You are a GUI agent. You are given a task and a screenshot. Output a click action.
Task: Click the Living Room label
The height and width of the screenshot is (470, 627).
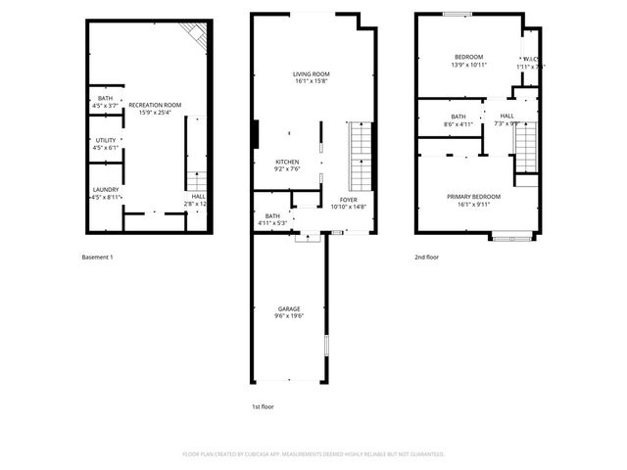[312, 73]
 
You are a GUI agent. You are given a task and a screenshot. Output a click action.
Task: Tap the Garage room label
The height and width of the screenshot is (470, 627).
[288, 309]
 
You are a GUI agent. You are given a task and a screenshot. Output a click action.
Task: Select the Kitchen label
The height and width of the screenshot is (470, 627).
[287, 162]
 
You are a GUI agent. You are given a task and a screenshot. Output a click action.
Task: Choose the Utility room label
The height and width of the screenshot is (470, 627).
[106, 140]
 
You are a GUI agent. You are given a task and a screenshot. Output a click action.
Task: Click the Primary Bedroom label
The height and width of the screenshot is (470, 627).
[466, 197]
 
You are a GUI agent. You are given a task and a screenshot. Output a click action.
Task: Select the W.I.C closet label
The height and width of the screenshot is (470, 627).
[530, 59]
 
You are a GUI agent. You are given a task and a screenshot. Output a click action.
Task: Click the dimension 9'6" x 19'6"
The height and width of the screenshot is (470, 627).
[288, 316]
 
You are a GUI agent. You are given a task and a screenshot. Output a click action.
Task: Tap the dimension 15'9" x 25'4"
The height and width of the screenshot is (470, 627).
[155, 112]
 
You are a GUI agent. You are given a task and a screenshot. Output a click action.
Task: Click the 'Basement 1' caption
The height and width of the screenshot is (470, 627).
[97, 258]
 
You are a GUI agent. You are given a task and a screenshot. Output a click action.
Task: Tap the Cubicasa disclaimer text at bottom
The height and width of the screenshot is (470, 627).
[313, 453]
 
